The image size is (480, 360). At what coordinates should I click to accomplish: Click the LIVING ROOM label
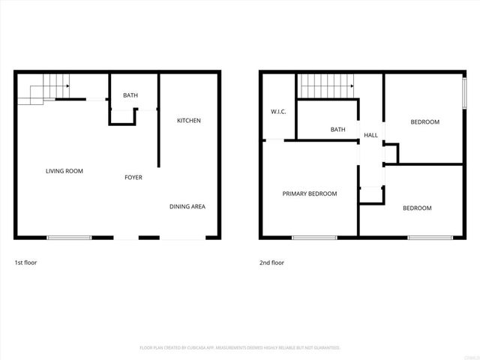click(x=64, y=171)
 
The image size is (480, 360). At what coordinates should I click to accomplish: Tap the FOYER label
click(x=133, y=178)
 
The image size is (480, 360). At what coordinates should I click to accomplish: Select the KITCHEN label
click(x=189, y=121)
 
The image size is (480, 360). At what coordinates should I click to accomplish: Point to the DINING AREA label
click(x=187, y=207)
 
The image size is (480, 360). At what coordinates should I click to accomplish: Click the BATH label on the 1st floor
click(x=130, y=95)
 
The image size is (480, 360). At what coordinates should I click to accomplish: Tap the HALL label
click(x=370, y=135)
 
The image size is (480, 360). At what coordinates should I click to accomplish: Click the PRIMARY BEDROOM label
click(x=309, y=193)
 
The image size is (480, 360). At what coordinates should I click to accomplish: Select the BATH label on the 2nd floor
click(x=338, y=130)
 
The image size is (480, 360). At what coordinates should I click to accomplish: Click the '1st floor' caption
click(x=25, y=263)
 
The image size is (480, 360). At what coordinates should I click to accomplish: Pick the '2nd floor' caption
click(x=271, y=263)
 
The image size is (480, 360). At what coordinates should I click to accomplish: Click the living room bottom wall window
click(x=69, y=238)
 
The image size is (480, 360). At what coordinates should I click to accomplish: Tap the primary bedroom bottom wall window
click(x=314, y=238)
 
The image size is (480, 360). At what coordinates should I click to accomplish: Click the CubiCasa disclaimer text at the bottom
click(x=240, y=348)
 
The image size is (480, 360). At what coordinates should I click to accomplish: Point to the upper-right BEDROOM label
click(x=424, y=121)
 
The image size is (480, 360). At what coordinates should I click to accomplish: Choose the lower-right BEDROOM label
click(x=417, y=208)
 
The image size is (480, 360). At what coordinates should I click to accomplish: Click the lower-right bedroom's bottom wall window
click(x=430, y=238)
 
